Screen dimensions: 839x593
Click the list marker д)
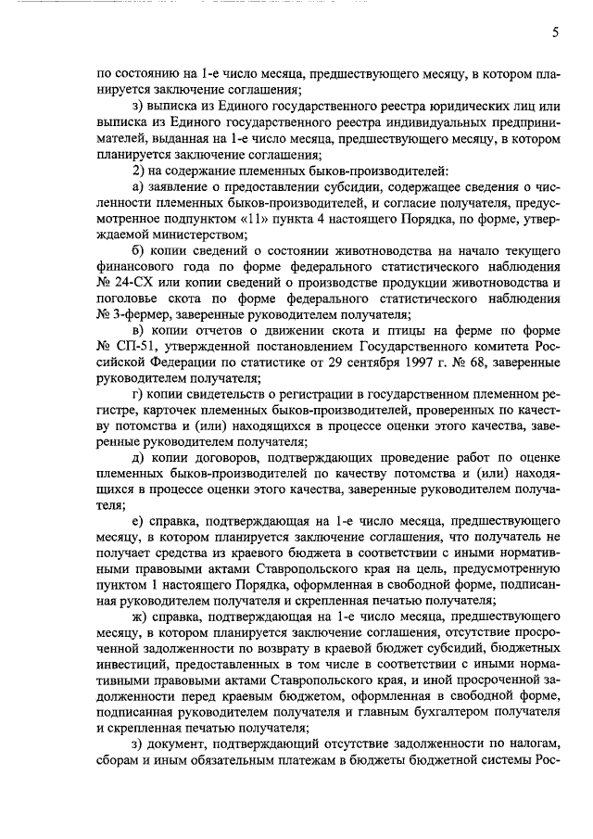[141, 458]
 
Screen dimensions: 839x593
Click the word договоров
[243, 458]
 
